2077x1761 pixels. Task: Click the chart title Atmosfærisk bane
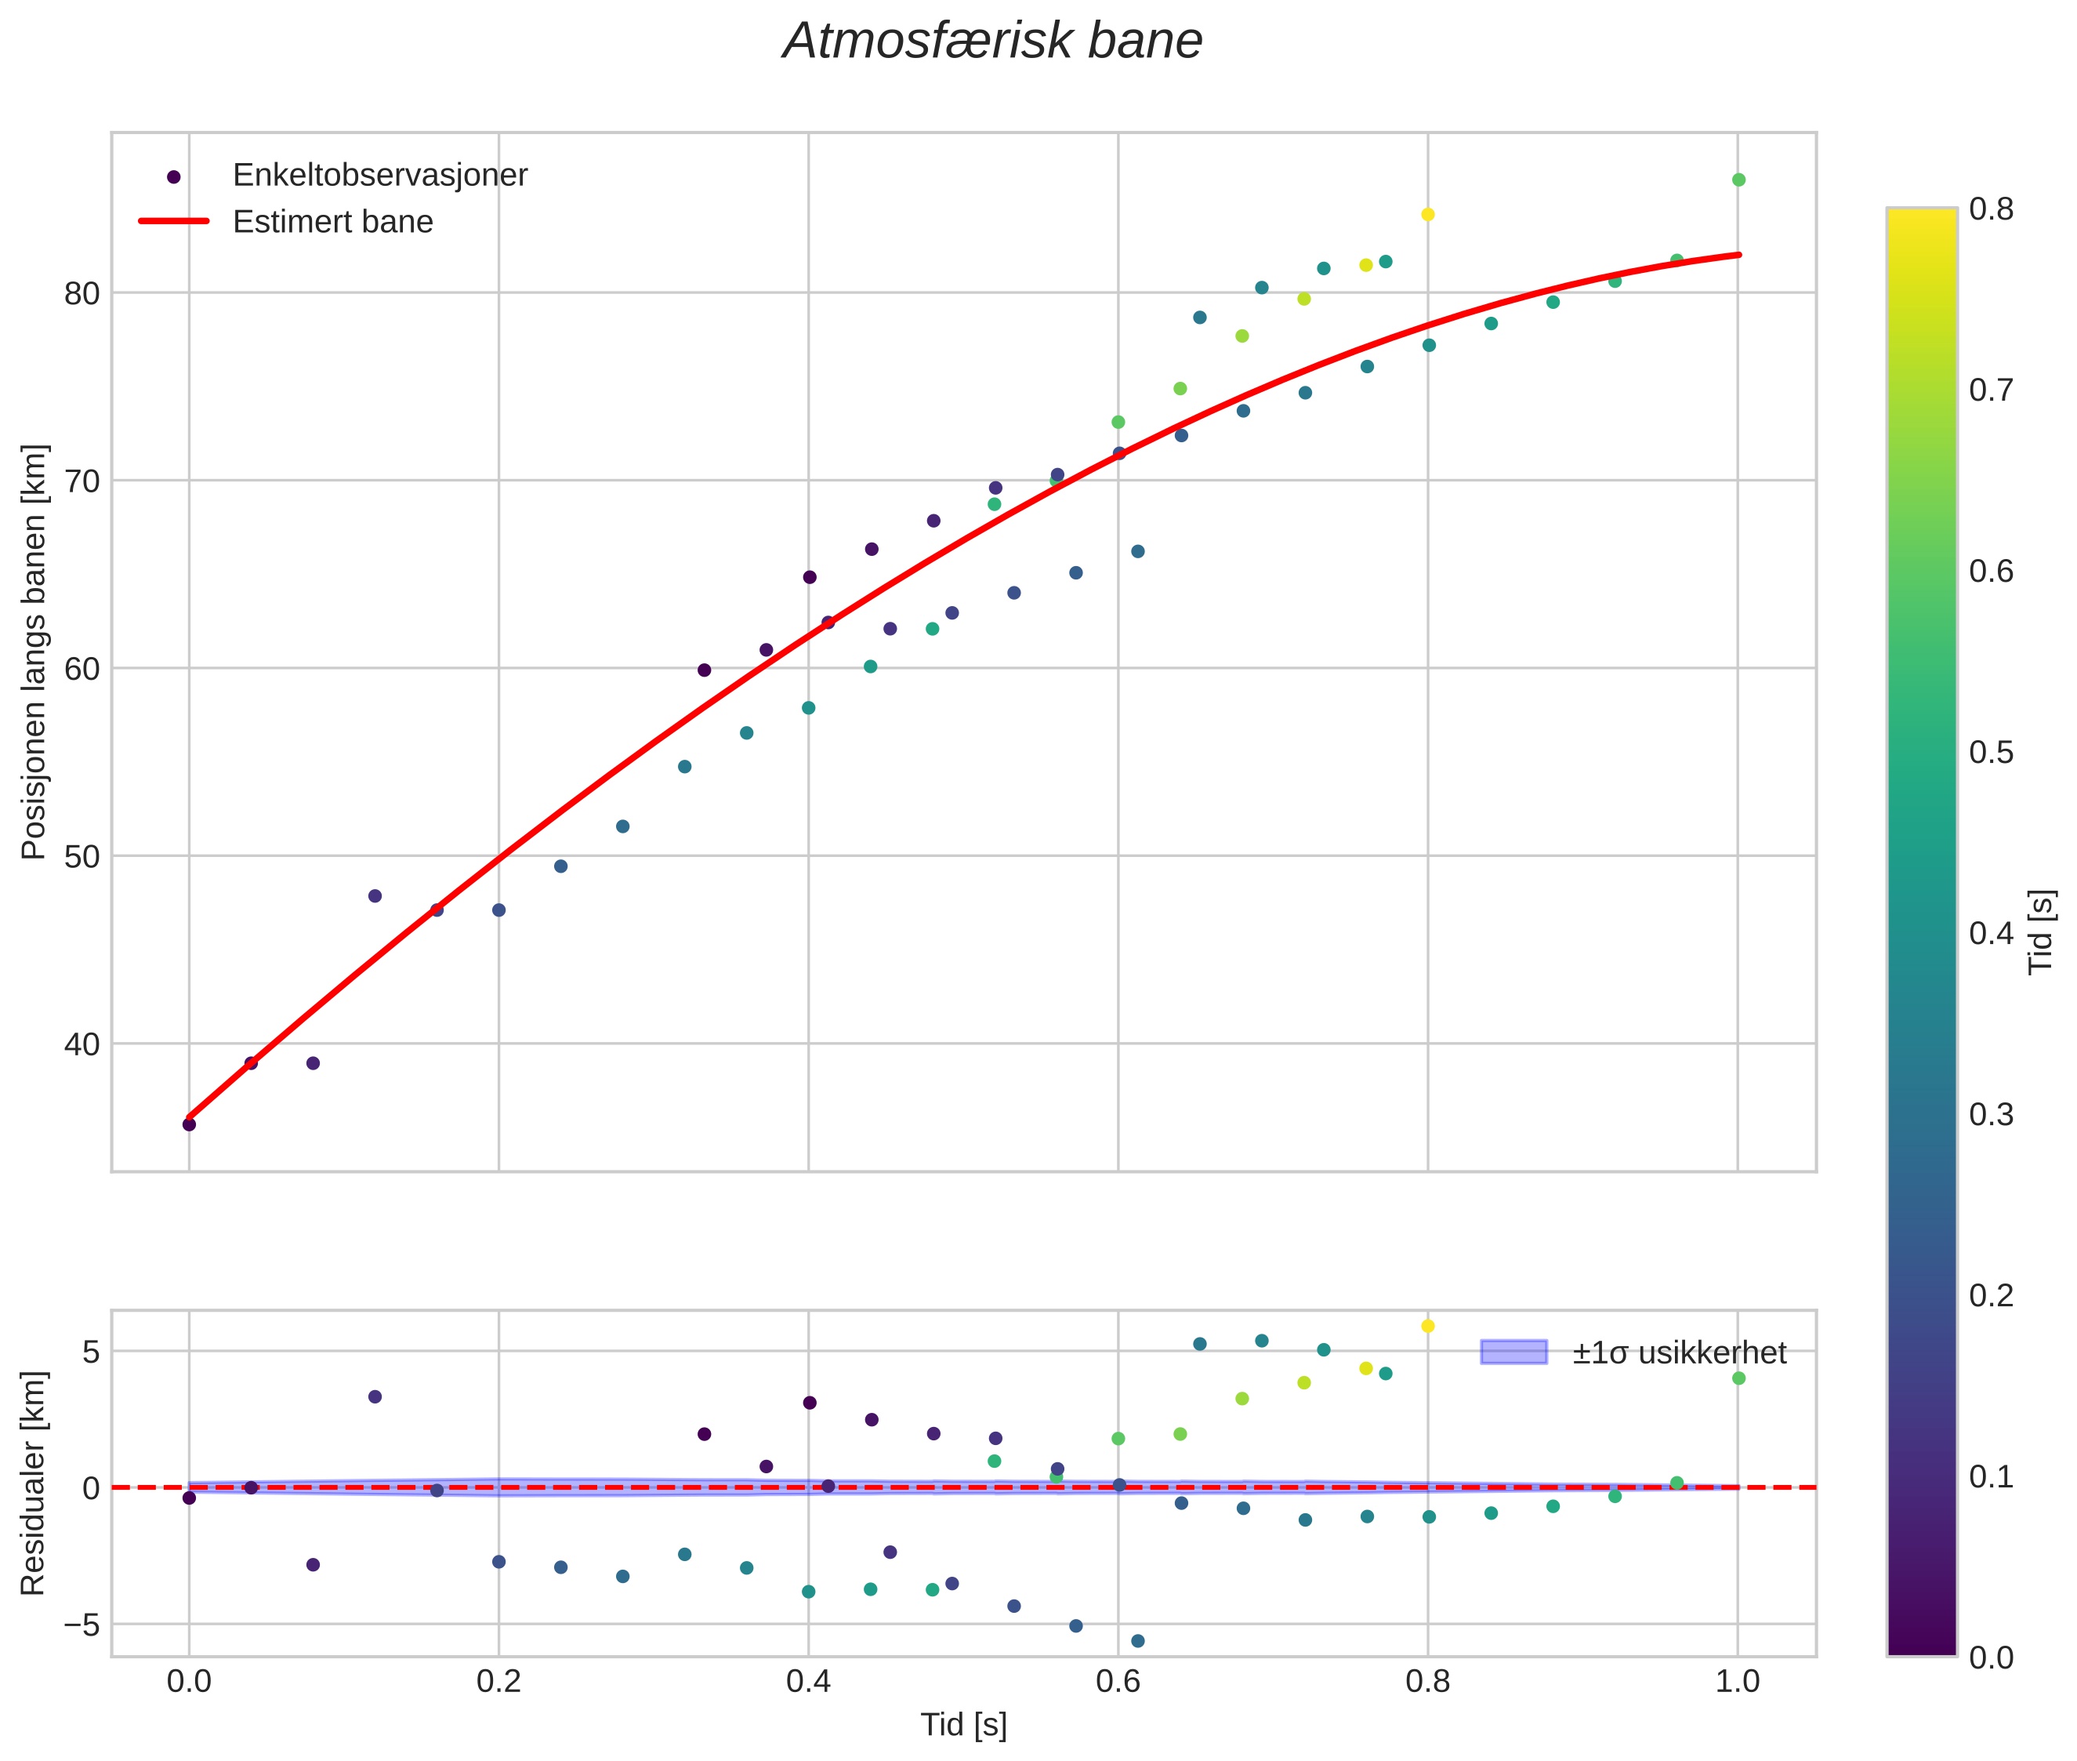992,42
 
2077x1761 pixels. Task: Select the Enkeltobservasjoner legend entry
379,176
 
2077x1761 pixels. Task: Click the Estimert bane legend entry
332,222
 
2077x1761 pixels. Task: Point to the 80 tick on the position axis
84,293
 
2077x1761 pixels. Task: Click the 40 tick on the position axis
84,1044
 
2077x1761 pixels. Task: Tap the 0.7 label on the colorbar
1991,390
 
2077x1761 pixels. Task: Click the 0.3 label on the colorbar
1991,1115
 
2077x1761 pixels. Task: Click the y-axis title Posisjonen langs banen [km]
34,652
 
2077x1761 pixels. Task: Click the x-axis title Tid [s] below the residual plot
963,1725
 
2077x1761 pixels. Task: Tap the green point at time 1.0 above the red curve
1738,180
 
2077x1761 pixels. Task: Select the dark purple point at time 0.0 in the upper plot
189,1124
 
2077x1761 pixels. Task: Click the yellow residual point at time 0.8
1427,1326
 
